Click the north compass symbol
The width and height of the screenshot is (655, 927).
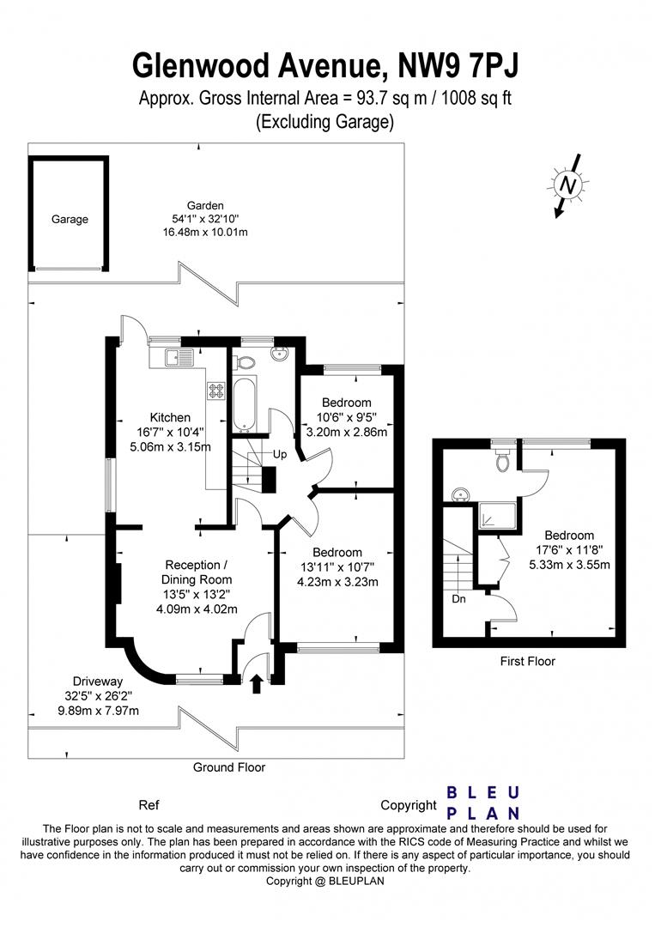point(567,185)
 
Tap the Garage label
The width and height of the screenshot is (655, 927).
point(70,220)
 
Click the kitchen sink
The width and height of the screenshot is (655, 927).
point(174,357)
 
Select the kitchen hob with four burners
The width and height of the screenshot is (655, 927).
point(215,391)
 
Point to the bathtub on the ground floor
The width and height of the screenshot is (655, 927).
point(244,403)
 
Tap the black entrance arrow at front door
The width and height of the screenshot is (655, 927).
point(256,683)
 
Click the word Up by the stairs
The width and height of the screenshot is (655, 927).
point(280,453)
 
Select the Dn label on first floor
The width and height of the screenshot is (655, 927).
point(459,599)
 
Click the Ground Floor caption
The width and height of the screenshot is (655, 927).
point(229,767)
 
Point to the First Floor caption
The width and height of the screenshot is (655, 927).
point(527,662)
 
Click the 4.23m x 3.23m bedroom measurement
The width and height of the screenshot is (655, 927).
point(337,581)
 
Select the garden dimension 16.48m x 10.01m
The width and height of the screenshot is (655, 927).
point(206,233)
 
